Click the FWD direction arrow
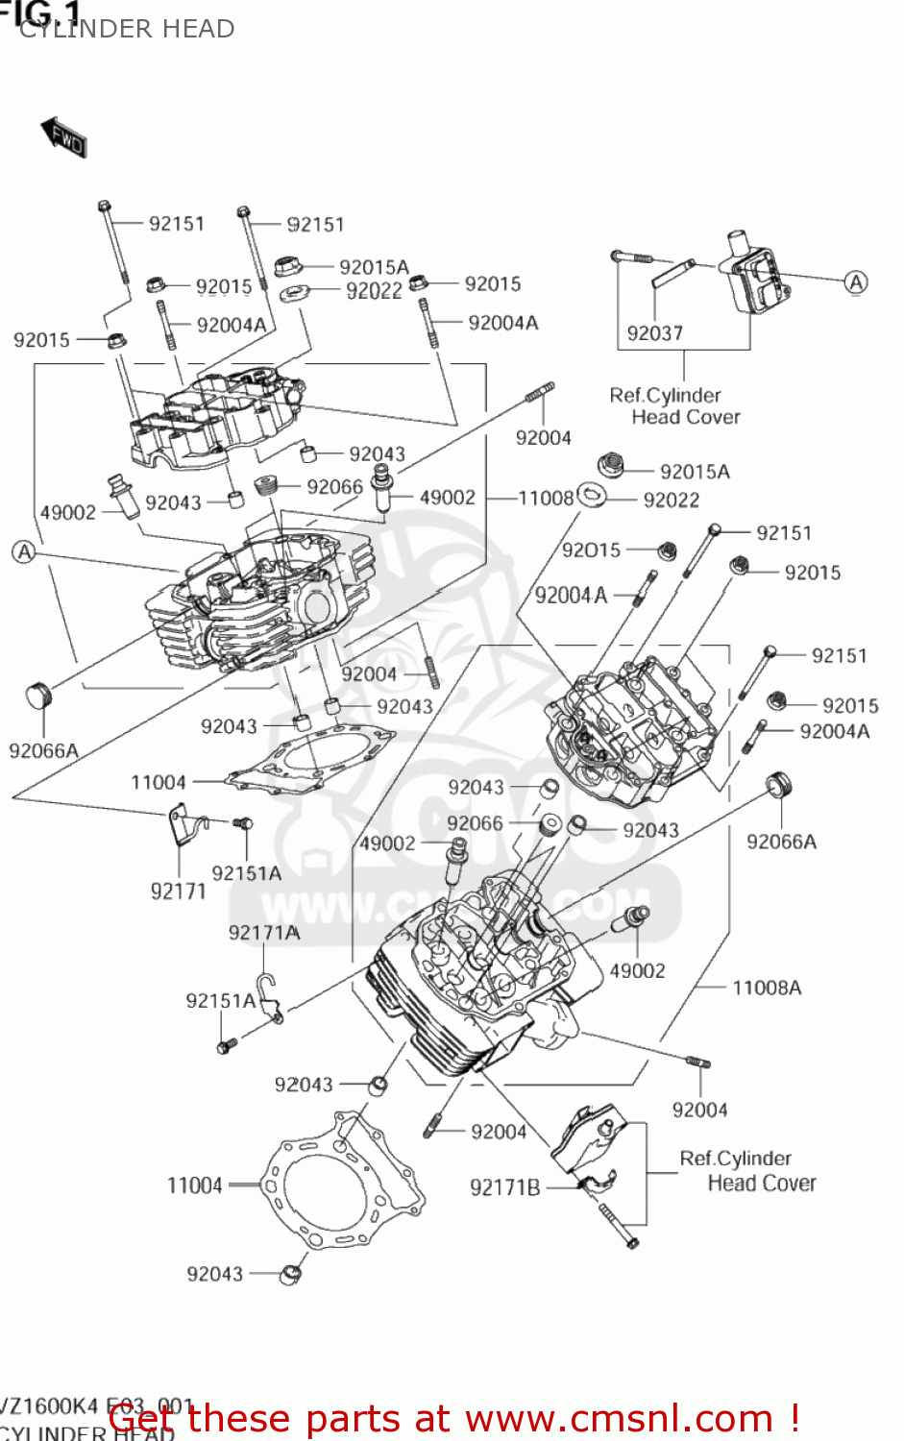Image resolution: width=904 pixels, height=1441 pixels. pos(64,137)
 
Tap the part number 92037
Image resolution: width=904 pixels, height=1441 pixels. pos(654,333)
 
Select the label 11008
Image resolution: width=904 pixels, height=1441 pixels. pos(546,498)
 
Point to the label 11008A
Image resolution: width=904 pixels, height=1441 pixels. pos(766,988)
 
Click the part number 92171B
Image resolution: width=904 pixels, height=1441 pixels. pos(504,1188)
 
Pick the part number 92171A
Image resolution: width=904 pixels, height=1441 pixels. pos(264,933)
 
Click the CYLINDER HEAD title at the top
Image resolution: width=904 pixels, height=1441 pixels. pos(127,30)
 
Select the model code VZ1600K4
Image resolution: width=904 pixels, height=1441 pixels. pos(50,1406)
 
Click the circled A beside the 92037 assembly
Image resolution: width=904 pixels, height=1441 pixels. pos(855,281)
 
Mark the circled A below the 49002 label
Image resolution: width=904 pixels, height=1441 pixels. pos(24,551)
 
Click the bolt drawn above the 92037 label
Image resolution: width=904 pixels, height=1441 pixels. pos(631,257)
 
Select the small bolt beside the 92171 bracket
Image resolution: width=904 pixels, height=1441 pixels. pos(242,823)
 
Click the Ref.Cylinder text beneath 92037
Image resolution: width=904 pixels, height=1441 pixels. pos(665,395)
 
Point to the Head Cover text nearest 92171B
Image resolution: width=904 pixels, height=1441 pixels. pos(762,1184)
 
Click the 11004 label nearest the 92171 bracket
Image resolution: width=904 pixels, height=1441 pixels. pos(159,782)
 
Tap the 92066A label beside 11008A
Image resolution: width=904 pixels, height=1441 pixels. pos(781,842)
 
